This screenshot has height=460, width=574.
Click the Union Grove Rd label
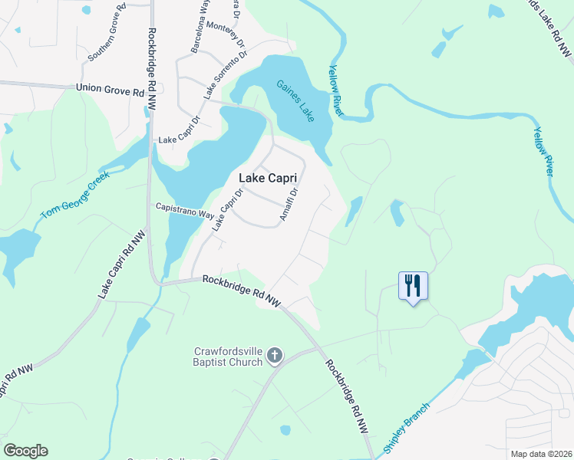[x=111, y=89]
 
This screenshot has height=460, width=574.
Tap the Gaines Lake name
[x=295, y=100]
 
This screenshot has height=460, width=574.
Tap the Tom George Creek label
[x=76, y=195]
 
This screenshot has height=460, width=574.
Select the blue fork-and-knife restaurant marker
[x=413, y=286]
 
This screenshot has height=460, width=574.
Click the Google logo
[x=25, y=451]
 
